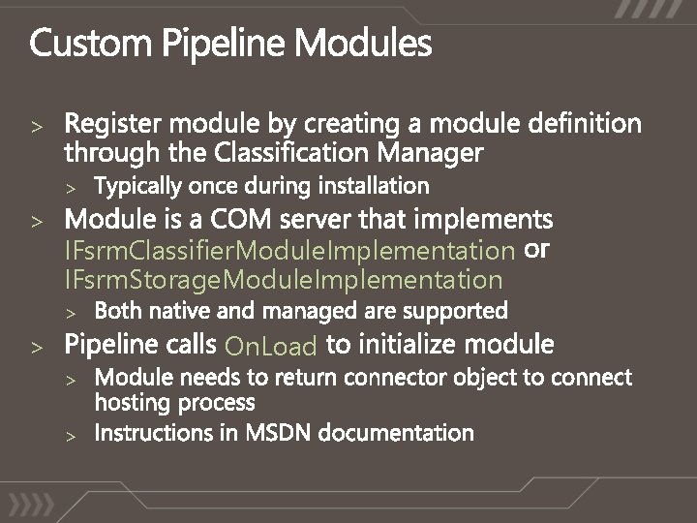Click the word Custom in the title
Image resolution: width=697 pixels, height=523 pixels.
pos(91,45)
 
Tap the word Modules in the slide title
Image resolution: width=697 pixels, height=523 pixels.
pos(364,45)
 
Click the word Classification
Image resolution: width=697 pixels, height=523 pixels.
pos(296,152)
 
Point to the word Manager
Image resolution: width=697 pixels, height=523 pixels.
pos(430,153)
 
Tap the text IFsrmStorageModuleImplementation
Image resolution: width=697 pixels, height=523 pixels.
pos(284,281)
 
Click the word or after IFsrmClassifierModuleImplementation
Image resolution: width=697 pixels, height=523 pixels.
pos(536,250)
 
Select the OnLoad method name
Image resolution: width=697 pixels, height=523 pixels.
pos(271,346)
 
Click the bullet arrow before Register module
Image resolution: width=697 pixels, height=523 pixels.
pos(36,126)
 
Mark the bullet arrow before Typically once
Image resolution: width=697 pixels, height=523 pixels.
pos(70,186)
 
